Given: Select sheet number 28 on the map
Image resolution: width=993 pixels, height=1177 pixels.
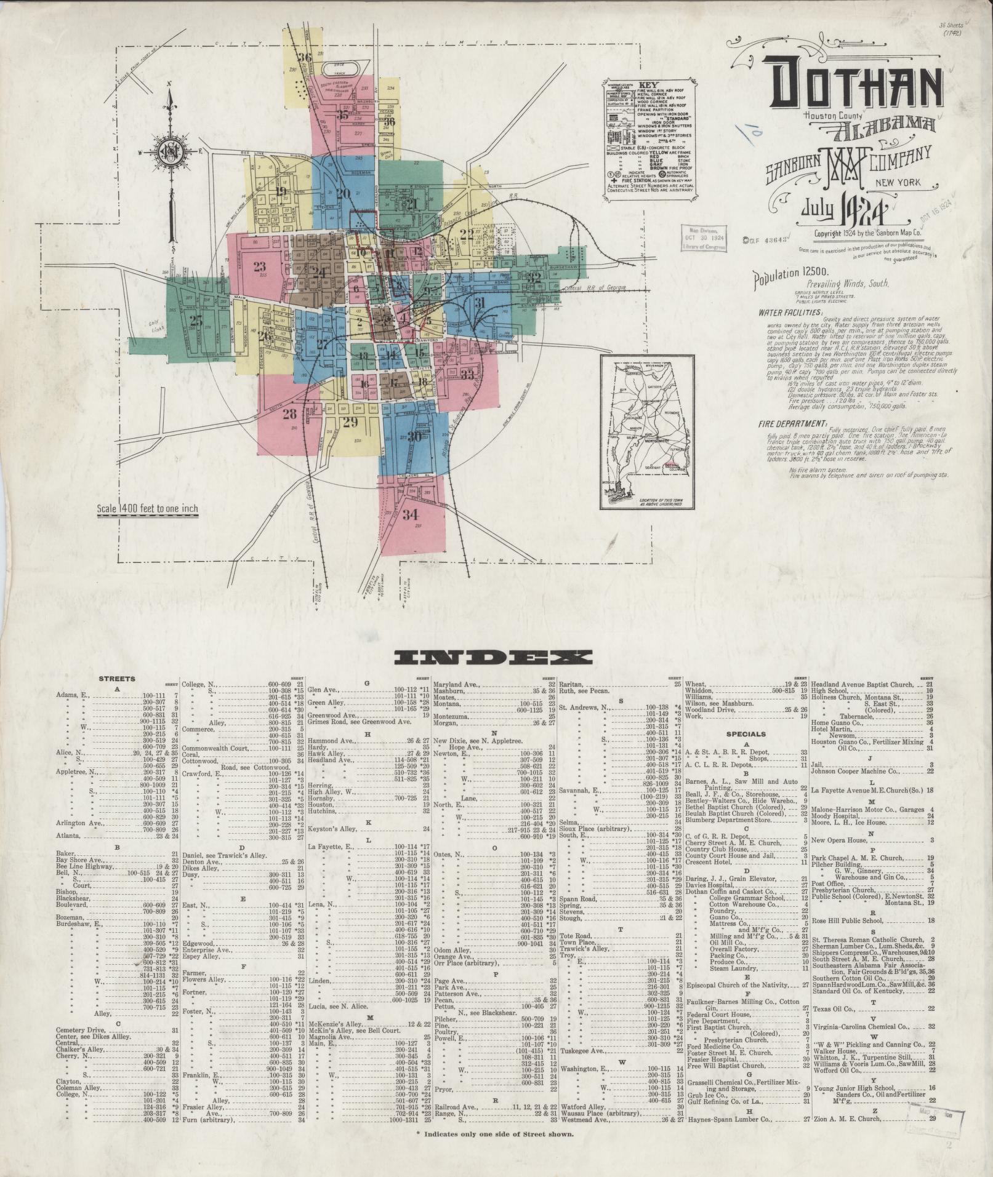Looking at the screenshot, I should pos(290,414).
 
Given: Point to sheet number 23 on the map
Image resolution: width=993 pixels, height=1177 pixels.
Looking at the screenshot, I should pos(259,266).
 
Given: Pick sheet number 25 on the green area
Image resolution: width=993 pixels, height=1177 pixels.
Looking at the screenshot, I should pos(196,319).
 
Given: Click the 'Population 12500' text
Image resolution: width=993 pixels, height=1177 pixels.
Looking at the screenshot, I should pos(792,279).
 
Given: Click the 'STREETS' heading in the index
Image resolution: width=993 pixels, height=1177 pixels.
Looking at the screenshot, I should pos(116,679).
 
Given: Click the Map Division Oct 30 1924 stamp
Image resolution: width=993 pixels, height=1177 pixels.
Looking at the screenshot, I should pos(702,237).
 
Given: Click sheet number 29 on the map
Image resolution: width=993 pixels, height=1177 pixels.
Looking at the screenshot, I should pos(350,422).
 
